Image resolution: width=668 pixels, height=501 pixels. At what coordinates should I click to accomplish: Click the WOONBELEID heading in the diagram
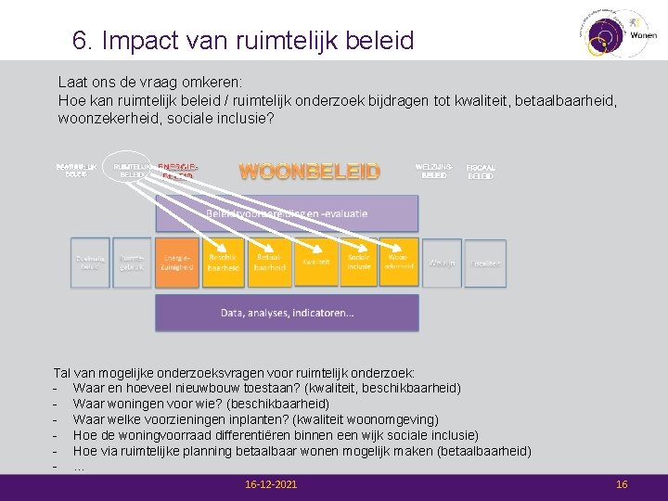pos(310,172)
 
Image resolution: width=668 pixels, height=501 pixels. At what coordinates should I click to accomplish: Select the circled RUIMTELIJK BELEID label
pos(134,170)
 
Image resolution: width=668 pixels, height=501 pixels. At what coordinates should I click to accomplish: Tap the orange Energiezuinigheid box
pos(177,263)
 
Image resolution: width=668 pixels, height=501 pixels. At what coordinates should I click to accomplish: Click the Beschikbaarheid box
pos(224,263)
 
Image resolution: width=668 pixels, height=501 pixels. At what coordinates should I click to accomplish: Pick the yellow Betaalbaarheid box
pos(270,263)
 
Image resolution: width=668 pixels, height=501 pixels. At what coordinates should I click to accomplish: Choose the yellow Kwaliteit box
pos(315,263)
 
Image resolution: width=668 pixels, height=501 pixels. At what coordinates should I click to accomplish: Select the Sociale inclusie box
pos(360,263)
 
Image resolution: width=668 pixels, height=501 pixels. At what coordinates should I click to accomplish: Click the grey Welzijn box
pos(441,263)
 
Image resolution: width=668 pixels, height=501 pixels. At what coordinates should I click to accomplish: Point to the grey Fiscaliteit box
pos(486,263)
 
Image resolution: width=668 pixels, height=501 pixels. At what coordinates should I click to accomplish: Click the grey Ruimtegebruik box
pos(132,263)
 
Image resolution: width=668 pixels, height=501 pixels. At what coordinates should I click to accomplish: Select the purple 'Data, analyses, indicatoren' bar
pos(287,313)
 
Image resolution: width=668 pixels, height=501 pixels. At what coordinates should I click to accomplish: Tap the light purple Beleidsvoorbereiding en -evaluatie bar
pos(287,213)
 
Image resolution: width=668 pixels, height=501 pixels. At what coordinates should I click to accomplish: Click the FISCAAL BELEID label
pos(481,172)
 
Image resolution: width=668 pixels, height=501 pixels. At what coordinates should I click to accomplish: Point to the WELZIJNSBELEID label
pos(434,170)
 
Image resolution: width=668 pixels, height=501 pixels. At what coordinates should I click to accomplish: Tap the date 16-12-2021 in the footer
pos(271,485)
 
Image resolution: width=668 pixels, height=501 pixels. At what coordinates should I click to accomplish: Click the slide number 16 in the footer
pos(622,485)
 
